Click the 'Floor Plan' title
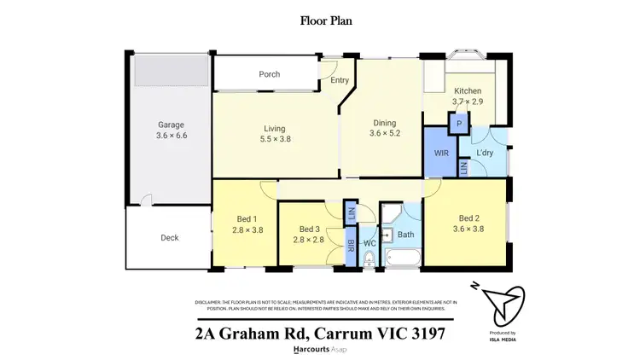click(x=320, y=20)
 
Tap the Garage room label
click(x=171, y=124)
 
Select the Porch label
click(x=269, y=74)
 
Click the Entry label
click(x=340, y=81)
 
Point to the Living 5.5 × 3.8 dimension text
click(x=275, y=139)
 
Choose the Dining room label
click(x=384, y=122)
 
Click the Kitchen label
click(x=468, y=91)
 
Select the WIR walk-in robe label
click(x=441, y=153)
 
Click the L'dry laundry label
click(x=486, y=153)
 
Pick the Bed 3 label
click(x=311, y=229)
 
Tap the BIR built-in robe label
click(x=351, y=247)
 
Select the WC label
click(x=369, y=243)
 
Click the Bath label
click(x=405, y=234)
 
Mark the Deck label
click(x=169, y=237)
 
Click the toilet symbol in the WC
click(x=369, y=262)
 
